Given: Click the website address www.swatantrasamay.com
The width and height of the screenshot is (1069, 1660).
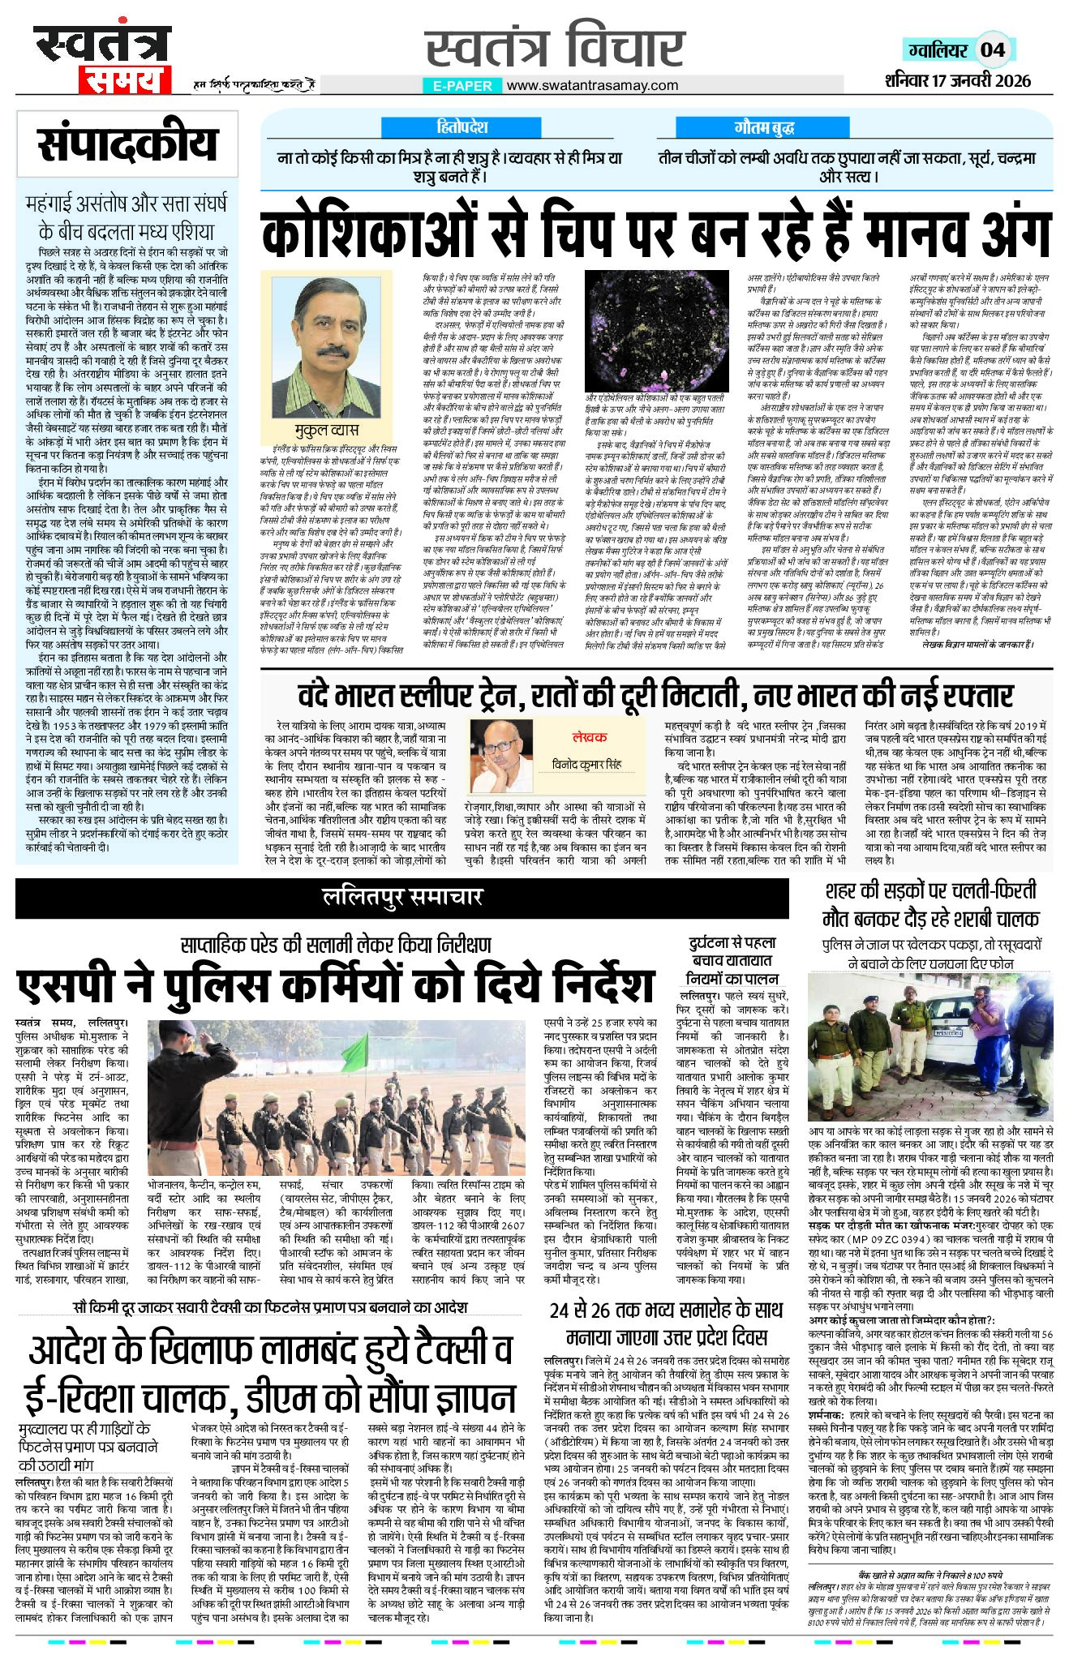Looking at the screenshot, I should click(x=593, y=85).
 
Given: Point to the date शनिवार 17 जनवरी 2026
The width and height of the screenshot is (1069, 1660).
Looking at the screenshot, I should click(x=957, y=79).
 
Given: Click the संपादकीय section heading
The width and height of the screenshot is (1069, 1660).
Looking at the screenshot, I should click(x=127, y=145).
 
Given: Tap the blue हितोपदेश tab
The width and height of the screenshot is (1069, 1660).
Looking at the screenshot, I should click(x=462, y=127).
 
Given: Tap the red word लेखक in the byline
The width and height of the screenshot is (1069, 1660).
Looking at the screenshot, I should click(x=589, y=736).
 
